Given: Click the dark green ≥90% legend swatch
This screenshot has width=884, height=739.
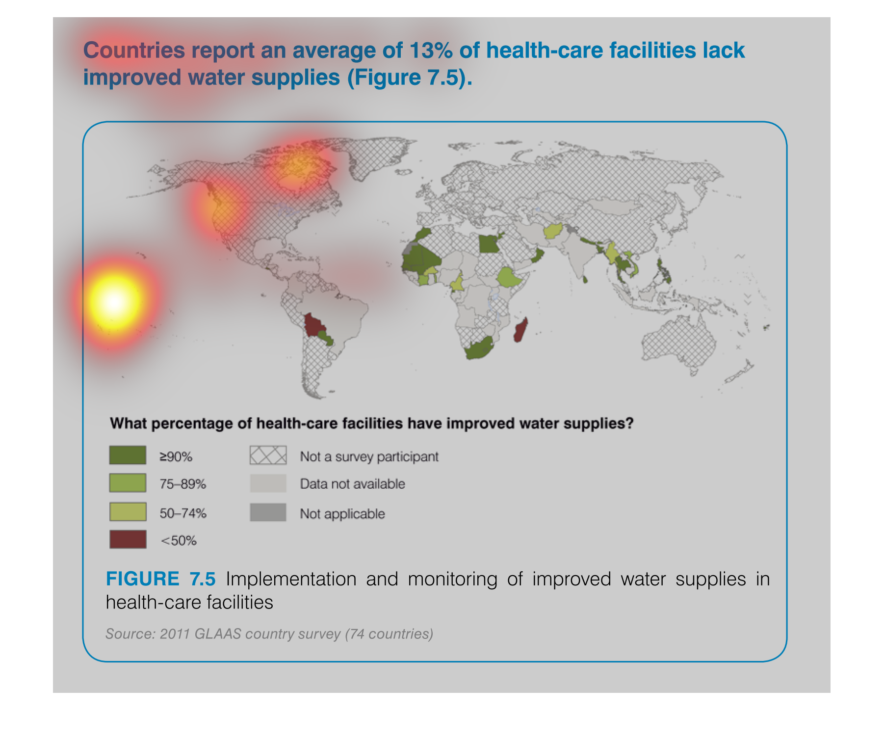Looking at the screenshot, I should (x=128, y=455).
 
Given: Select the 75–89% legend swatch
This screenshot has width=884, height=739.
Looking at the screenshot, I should (x=128, y=483).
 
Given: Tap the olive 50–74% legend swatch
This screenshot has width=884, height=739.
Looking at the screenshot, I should (x=128, y=512).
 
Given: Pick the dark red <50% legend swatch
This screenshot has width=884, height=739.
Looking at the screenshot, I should (x=128, y=539).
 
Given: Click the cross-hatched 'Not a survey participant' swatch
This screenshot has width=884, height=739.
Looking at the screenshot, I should (x=268, y=455).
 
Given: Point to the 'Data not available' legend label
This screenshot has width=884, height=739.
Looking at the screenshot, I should (x=352, y=484).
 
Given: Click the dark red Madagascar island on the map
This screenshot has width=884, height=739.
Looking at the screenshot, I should (x=521, y=329).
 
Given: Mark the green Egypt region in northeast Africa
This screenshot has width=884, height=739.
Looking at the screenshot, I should (x=489, y=243).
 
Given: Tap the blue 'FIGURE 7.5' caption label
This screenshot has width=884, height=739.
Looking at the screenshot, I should (x=160, y=579).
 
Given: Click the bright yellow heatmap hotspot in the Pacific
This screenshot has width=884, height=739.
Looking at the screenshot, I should (x=115, y=301).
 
